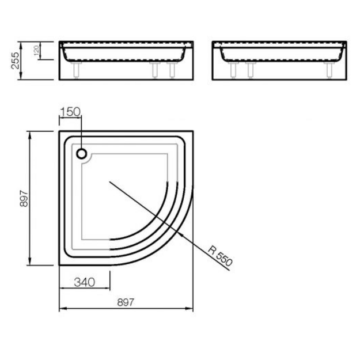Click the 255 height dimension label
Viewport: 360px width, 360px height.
point(15,60)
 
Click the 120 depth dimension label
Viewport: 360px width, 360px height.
point(36,51)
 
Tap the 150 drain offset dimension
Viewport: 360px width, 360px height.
point(70,112)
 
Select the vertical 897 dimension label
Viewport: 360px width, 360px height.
point(24,198)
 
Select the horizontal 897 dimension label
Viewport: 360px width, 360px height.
point(126,302)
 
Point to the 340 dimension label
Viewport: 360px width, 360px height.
point(85,282)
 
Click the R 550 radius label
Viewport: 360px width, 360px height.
point(220,256)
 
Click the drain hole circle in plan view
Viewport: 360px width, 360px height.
point(82,154)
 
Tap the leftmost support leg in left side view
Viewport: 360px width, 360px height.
point(76,70)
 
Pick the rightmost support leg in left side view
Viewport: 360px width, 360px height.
point(172,70)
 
